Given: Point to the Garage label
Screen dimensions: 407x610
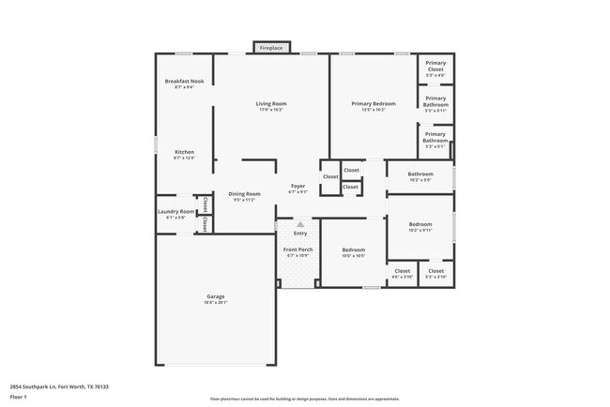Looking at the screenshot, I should pos(216,299).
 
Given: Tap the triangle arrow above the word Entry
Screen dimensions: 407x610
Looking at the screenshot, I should pos(300,225).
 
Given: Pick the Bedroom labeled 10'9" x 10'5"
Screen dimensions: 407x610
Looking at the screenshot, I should pos(353,251).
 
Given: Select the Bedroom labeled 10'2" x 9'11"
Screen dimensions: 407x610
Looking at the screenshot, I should pos(420,227).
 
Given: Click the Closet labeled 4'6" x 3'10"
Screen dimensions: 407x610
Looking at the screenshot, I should pos(402,273).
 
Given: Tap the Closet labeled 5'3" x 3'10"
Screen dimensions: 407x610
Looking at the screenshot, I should pos(436,273).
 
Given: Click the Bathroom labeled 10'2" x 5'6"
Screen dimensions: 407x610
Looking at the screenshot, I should pos(420,176).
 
